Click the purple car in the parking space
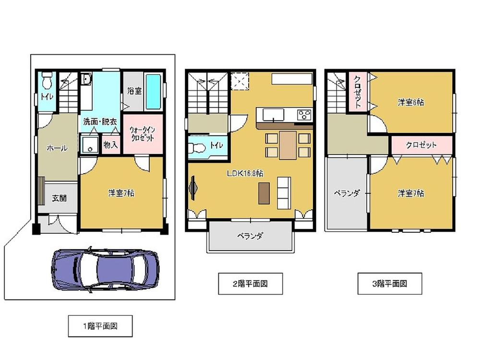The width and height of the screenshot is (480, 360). click(x=105, y=270)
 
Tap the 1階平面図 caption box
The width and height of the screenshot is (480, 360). click(x=100, y=326)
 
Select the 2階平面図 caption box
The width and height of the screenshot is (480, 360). click(x=251, y=284)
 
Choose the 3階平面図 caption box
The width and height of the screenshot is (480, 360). click(x=390, y=284)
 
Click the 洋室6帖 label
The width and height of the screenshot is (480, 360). click(x=411, y=102)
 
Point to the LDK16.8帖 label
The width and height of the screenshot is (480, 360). click(x=245, y=173)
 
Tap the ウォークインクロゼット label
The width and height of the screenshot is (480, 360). click(x=143, y=134)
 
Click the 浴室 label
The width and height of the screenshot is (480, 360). click(x=134, y=91)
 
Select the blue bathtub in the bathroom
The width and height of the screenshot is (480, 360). click(x=154, y=92)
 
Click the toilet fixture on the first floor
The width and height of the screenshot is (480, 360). click(x=47, y=80)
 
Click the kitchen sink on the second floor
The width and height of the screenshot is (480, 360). click(x=274, y=115)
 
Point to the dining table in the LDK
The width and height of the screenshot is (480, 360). click(x=288, y=145)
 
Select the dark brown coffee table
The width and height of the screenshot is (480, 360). click(x=264, y=193)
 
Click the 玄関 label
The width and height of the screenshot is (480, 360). click(x=59, y=198)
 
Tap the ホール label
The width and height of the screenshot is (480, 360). click(x=57, y=148)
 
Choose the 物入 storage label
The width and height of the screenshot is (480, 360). click(x=110, y=144)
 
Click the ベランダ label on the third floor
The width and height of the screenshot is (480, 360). click(x=347, y=193)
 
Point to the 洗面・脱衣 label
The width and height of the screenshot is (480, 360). click(x=100, y=122)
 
